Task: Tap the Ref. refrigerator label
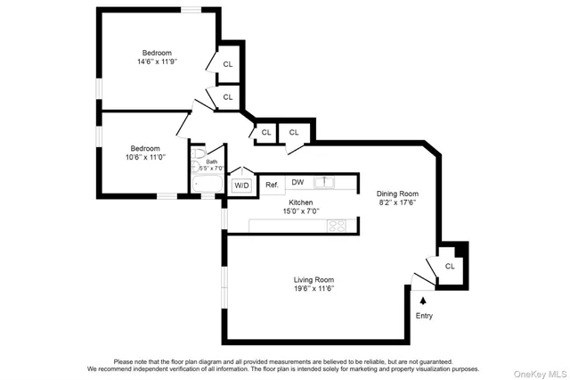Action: pyautogui.click(x=273, y=185)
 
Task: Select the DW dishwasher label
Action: pyautogui.click(x=297, y=182)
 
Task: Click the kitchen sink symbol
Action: pyautogui.click(x=327, y=182)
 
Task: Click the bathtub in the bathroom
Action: pyautogui.click(x=209, y=185)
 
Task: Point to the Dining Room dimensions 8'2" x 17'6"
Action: pyautogui.click(x=396, y=202)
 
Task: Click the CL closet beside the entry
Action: pyautogui.click(x=450, y=265)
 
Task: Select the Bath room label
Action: pyautogui.click(x=212, y=161)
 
